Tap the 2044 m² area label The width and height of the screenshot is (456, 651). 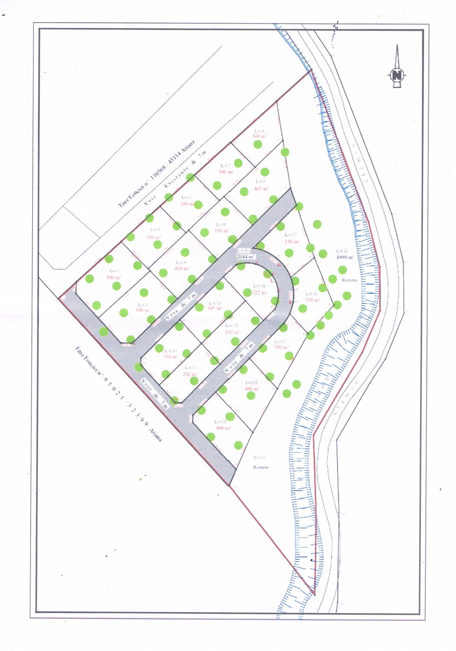click(245, 257)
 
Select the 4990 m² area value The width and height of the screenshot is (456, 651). click(345, 258)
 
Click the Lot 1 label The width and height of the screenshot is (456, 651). click(114, 271)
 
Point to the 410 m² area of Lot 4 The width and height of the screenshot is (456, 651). click(181, 269)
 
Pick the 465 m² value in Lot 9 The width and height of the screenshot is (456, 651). click(262, 189)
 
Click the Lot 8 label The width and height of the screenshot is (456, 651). click(260, 131)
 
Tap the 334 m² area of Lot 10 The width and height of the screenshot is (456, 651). click(170, 357)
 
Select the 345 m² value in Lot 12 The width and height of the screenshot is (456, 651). click(214, 308)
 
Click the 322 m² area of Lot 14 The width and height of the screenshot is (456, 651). click(259, 293)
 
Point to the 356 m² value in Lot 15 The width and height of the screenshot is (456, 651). click(292, 241)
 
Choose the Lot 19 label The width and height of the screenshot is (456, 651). click(220, 422)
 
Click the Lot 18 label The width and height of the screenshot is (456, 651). click(251, 382)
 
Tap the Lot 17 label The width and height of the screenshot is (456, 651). click(280, 341)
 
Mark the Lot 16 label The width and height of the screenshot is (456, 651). click(311, 293)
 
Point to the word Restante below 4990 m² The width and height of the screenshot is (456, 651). click(349, 280)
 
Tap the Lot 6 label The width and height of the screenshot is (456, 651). click(221, 225)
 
